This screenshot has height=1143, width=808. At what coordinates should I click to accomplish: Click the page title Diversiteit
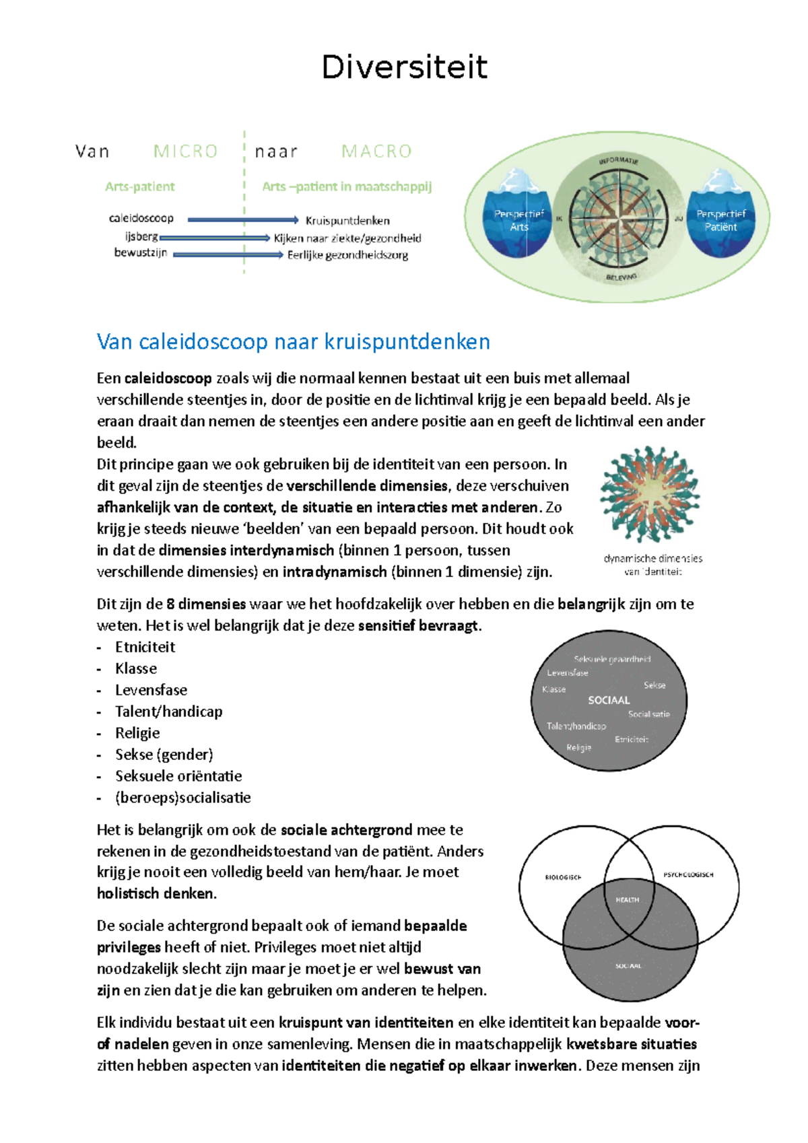pyautogui.click(x=404, y=67)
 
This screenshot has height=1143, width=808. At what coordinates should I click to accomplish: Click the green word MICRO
pyautogui.click(x=186, y=151)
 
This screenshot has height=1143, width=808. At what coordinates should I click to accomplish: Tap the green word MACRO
pyautogui.click(x=376, y=151)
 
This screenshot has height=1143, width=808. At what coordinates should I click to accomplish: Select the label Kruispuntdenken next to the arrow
pyautogui.click(x=347, y=221)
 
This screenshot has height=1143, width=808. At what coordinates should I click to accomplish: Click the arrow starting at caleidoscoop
pyautogui.click(x=242, y=219)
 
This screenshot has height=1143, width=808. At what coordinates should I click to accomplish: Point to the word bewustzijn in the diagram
pyautogui.click(x=141, y=253)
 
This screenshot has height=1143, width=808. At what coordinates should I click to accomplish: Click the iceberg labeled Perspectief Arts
pyautogui.click(x=518, y=215)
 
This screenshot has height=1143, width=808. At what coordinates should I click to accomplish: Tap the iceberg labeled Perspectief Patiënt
pyautogui.click(x=720, y=215)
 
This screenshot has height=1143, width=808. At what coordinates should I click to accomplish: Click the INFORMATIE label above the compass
pyautogui.click(x=618, y=160)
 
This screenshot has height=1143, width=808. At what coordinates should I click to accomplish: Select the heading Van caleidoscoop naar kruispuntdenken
pyautogui.click(x=294, y=342)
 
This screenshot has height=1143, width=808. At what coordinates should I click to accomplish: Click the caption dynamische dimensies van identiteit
pyautogui.click(x=652, y=565)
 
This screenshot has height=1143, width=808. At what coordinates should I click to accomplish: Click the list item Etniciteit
pyautogui.click(x=145, y=648)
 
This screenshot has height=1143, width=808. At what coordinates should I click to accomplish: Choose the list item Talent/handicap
pyautogui.click(x=168, y=712)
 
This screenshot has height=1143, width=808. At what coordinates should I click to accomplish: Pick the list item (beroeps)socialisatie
pyautogui.click(x=182, y=798)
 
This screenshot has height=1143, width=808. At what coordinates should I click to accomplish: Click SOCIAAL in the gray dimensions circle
pyautogui.click(x=609, y=700)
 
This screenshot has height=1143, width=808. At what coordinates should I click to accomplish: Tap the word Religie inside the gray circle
pyautogui.click(x=578, y=748)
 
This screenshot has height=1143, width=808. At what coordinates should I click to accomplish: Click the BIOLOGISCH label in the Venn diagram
pyautogui.click(x=563, y=877)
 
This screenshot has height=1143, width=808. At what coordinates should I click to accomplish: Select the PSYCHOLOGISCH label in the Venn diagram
pyautogui.click(x=688, y=874)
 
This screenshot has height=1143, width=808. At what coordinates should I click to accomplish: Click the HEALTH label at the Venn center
pyautogui.click(x=627, y=900)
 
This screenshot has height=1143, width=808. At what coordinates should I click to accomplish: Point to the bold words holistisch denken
pyautogui.click(x=156, y=894)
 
